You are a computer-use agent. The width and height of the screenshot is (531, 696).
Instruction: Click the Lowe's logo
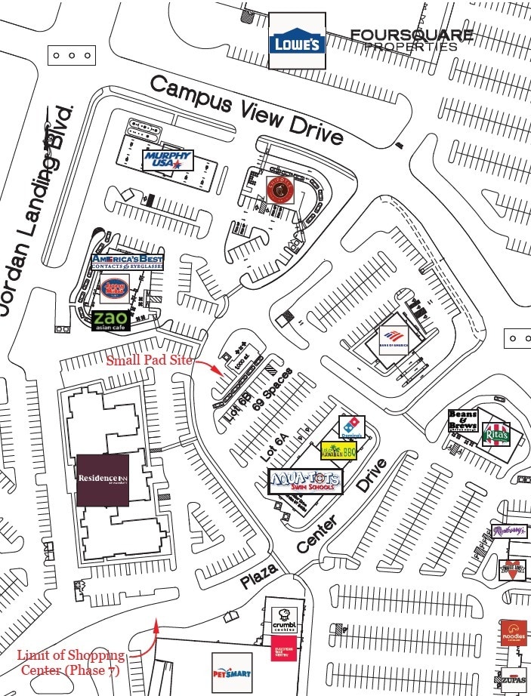pyautogui.click(x=298, y=43)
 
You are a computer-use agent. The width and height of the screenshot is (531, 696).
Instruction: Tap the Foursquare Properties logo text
pyautogui.click(x=411, y=40)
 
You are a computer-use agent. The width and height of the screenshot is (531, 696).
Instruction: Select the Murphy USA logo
pyautogui.click(x=168, y=160)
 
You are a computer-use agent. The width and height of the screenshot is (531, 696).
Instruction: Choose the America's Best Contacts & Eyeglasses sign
pyautogui.click(x=127, y=262)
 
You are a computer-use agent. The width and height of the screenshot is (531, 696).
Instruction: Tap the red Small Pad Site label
pyautogui.click(x=150, y=360)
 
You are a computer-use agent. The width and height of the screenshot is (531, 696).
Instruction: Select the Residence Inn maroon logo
pyautogui.click(x=102, y=480)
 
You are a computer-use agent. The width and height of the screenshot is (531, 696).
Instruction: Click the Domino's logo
pyautogui.click(x=350, y=427)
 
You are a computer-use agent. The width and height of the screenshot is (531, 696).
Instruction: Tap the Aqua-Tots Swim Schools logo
pyautogui.click(x=305, y=481)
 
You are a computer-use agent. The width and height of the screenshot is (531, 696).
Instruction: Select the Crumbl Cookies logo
pyautogui.click(x=286, y=621)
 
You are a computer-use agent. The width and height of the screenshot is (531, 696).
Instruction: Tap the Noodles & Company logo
pyautogui.click(x=513, y=634)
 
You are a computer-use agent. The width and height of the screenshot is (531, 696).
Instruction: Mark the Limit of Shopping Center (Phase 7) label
pyautogui.click(x=73, y=661)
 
